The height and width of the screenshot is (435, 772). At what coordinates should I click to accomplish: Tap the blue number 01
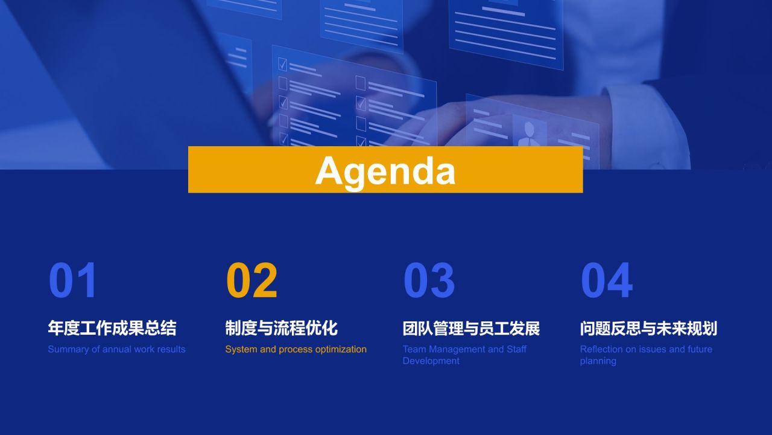click(x=73, y=280)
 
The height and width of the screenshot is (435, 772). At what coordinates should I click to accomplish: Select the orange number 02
click(x=252, y=280)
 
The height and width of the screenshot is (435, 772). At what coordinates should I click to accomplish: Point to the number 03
click(x=429, y=280)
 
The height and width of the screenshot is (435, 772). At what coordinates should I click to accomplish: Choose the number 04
click(x=607, y=280)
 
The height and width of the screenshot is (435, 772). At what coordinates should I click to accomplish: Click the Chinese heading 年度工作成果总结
click(x=112, y=328)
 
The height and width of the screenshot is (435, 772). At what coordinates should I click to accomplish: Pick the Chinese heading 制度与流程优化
click(x=282, y=328)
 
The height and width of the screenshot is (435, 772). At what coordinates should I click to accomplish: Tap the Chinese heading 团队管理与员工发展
click(x=471, y=328)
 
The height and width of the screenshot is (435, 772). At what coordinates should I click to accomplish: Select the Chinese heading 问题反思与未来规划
click(x=648, y=328)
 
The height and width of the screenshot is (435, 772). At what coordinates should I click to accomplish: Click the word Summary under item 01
click(x=68, y=350)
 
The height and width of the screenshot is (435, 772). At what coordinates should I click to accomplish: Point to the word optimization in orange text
click(x=341, y=350)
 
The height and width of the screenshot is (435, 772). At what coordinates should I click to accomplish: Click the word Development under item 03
click(x=431, y=361)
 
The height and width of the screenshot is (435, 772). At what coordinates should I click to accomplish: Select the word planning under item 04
click(x=598, y=361)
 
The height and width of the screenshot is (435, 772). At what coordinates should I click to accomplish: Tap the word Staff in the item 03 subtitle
click(x=517, y=349)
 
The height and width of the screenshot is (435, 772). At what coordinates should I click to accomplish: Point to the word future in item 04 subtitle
click(x=700, y=349)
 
